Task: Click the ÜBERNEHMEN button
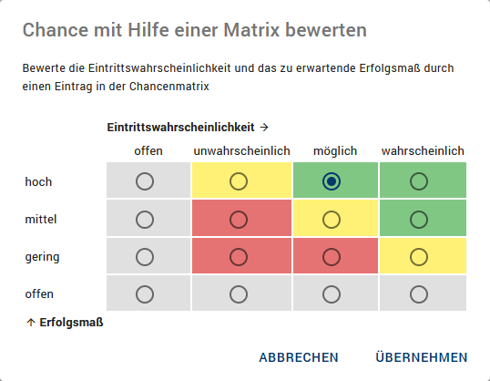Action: (422, 357)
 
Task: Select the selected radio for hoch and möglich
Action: (332, 181)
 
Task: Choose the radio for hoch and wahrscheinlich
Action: (419, 181)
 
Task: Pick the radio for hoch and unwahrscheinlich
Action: (239, 181)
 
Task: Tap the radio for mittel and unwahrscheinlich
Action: (239, 220)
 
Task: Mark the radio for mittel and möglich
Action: (332, 220)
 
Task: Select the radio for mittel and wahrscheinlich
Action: (419, 220)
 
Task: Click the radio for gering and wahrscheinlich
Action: (419, 257)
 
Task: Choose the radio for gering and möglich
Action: (332, 257)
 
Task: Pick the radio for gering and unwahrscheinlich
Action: (239, 257)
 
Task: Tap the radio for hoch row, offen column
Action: (145, 181)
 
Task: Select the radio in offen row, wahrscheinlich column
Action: (419, 294)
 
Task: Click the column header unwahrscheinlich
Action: (241, 151)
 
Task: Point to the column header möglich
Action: (335, 151)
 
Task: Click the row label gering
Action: (42, 257)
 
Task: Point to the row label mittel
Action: (41, 219)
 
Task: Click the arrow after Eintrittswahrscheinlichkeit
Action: (264, 128)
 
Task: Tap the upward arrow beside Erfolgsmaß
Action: (31, 322)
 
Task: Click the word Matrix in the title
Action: (251, 30)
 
